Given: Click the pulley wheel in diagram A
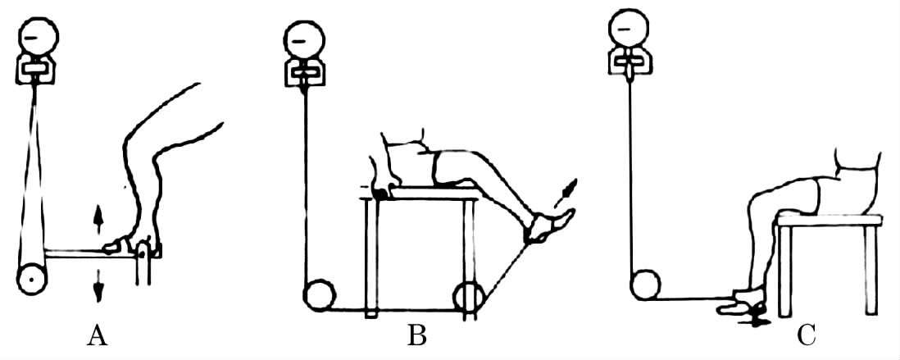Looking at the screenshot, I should coord(31,279).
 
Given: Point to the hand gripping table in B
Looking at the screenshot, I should coord(381,189).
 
